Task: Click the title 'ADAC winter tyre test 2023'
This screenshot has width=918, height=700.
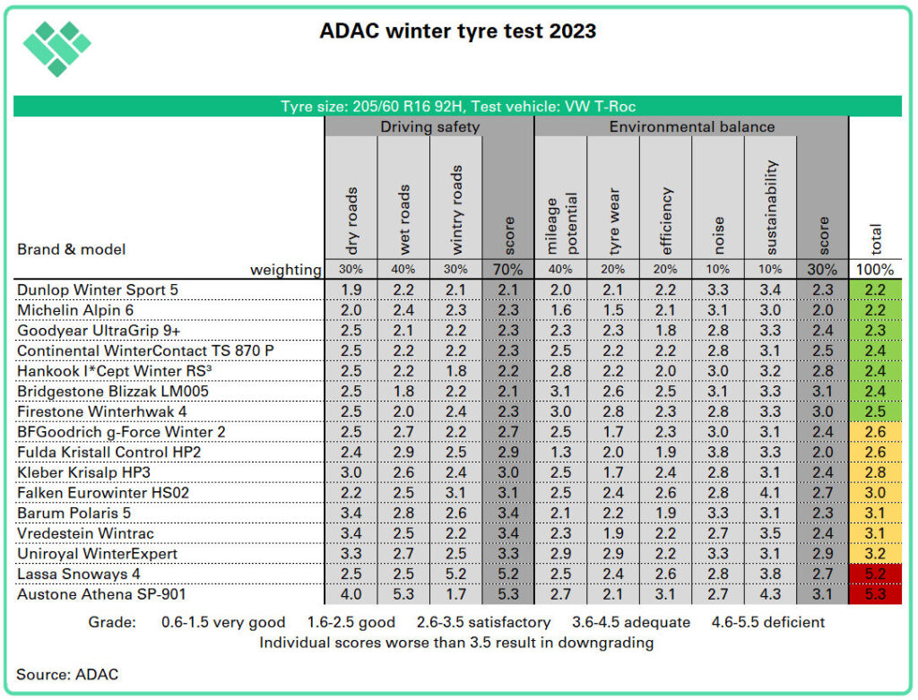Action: pyautogui.click(x=458, y=31)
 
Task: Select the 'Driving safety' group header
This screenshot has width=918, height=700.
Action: pyautogui.click(x=429, y=126)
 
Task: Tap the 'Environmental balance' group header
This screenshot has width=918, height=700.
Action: pyautogui.click(x=691, y=126)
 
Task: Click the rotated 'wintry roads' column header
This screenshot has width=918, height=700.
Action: pyautogui.click(x=456, y=209)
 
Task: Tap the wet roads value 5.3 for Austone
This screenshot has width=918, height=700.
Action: pyautogui.click(x=403, y=594)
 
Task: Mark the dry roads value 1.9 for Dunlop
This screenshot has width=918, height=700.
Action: pyautogui.click(x=351, y=289)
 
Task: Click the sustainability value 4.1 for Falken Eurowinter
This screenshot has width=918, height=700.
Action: pyautogui.click(x=771, y=492)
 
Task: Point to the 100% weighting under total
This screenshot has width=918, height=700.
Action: pyautogui.click(x=875, y=269)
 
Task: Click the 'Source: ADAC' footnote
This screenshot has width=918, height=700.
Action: pyautogui.click(x=67, y=673)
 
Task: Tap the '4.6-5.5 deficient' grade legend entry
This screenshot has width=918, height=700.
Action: pyautogui.click(x=768, y=622)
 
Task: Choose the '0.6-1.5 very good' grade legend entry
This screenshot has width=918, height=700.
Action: pyautogui.click(x=223, y=622)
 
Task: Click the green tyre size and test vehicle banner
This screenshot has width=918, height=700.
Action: pyautogui.click(x=458, y=106)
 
